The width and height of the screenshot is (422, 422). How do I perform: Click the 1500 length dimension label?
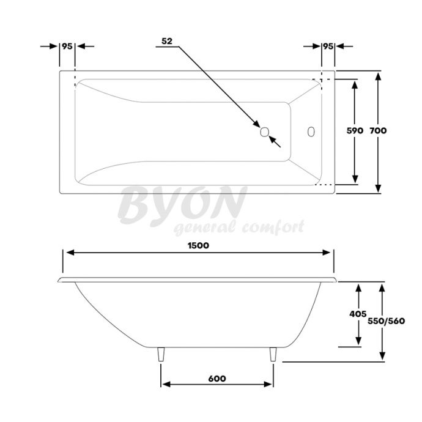pyautogui.click(x=199, y=245)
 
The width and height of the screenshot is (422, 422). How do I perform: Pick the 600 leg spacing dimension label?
pyautogui.click(x=217, y=379)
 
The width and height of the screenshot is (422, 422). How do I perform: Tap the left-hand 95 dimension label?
pyautogui.click(x=67, y=46)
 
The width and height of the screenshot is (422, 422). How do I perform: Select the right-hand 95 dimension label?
pyautogui.click(x=328, y=46)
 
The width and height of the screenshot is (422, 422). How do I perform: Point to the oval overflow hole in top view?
pyautogui.click(x=311, y=131)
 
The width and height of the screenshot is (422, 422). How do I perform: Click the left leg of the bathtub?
pyautogui.click(x=161, y=355)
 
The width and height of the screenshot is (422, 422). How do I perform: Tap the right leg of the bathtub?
pyautogui.click(x=273, y=355)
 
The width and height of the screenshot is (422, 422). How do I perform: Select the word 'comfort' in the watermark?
pyautogui.click(x=272, y=228)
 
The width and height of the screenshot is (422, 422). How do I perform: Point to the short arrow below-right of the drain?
pyautogui.click(x=275, y=142)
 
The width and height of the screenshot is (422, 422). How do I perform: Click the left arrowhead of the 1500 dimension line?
pyautogui.click(x=69, y=253)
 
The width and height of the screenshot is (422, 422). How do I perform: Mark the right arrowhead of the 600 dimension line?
pyautogui.click(x=269, y=385)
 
